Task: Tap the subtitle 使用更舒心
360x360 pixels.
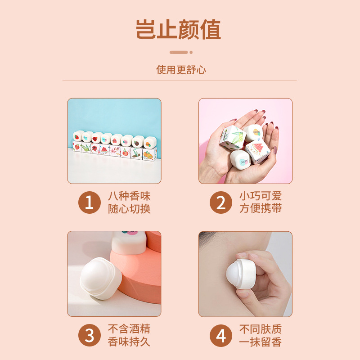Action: (181, 70)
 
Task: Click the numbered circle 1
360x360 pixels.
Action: (90, 203)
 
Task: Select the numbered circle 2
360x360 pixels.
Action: (221, 203)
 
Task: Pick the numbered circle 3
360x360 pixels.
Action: (90, 335)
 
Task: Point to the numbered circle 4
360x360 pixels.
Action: (221, 335)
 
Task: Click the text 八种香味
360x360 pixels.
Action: (129, 197)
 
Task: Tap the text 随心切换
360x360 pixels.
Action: (129, 209)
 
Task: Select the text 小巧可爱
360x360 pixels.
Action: (261, 197)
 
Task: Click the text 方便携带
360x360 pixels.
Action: (261, 209)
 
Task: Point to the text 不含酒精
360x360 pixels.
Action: (129, 329)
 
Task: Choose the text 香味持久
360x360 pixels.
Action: (129, 342)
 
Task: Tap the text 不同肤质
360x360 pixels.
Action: (261, 329)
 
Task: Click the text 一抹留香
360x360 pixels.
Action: (261, 342)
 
